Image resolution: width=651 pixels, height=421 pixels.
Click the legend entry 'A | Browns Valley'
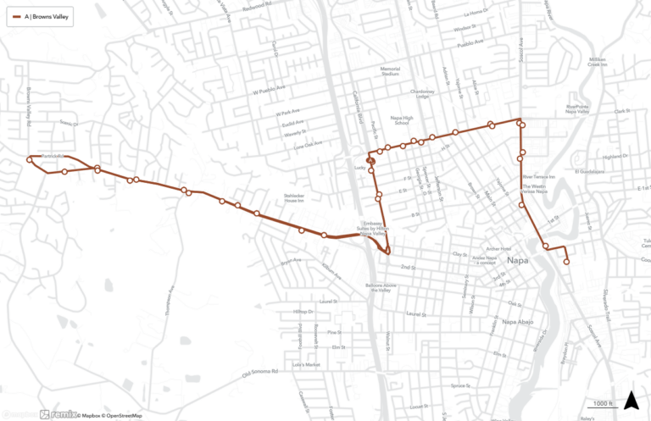point(40,16)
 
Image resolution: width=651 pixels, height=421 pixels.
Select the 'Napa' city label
point(517,262)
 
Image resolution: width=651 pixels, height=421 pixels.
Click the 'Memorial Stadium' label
point(390,71)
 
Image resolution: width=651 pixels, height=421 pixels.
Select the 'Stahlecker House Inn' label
point(293,197)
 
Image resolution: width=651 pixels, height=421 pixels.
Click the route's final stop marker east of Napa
point(566,262)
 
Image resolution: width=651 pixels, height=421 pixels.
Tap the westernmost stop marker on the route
point(31,158)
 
